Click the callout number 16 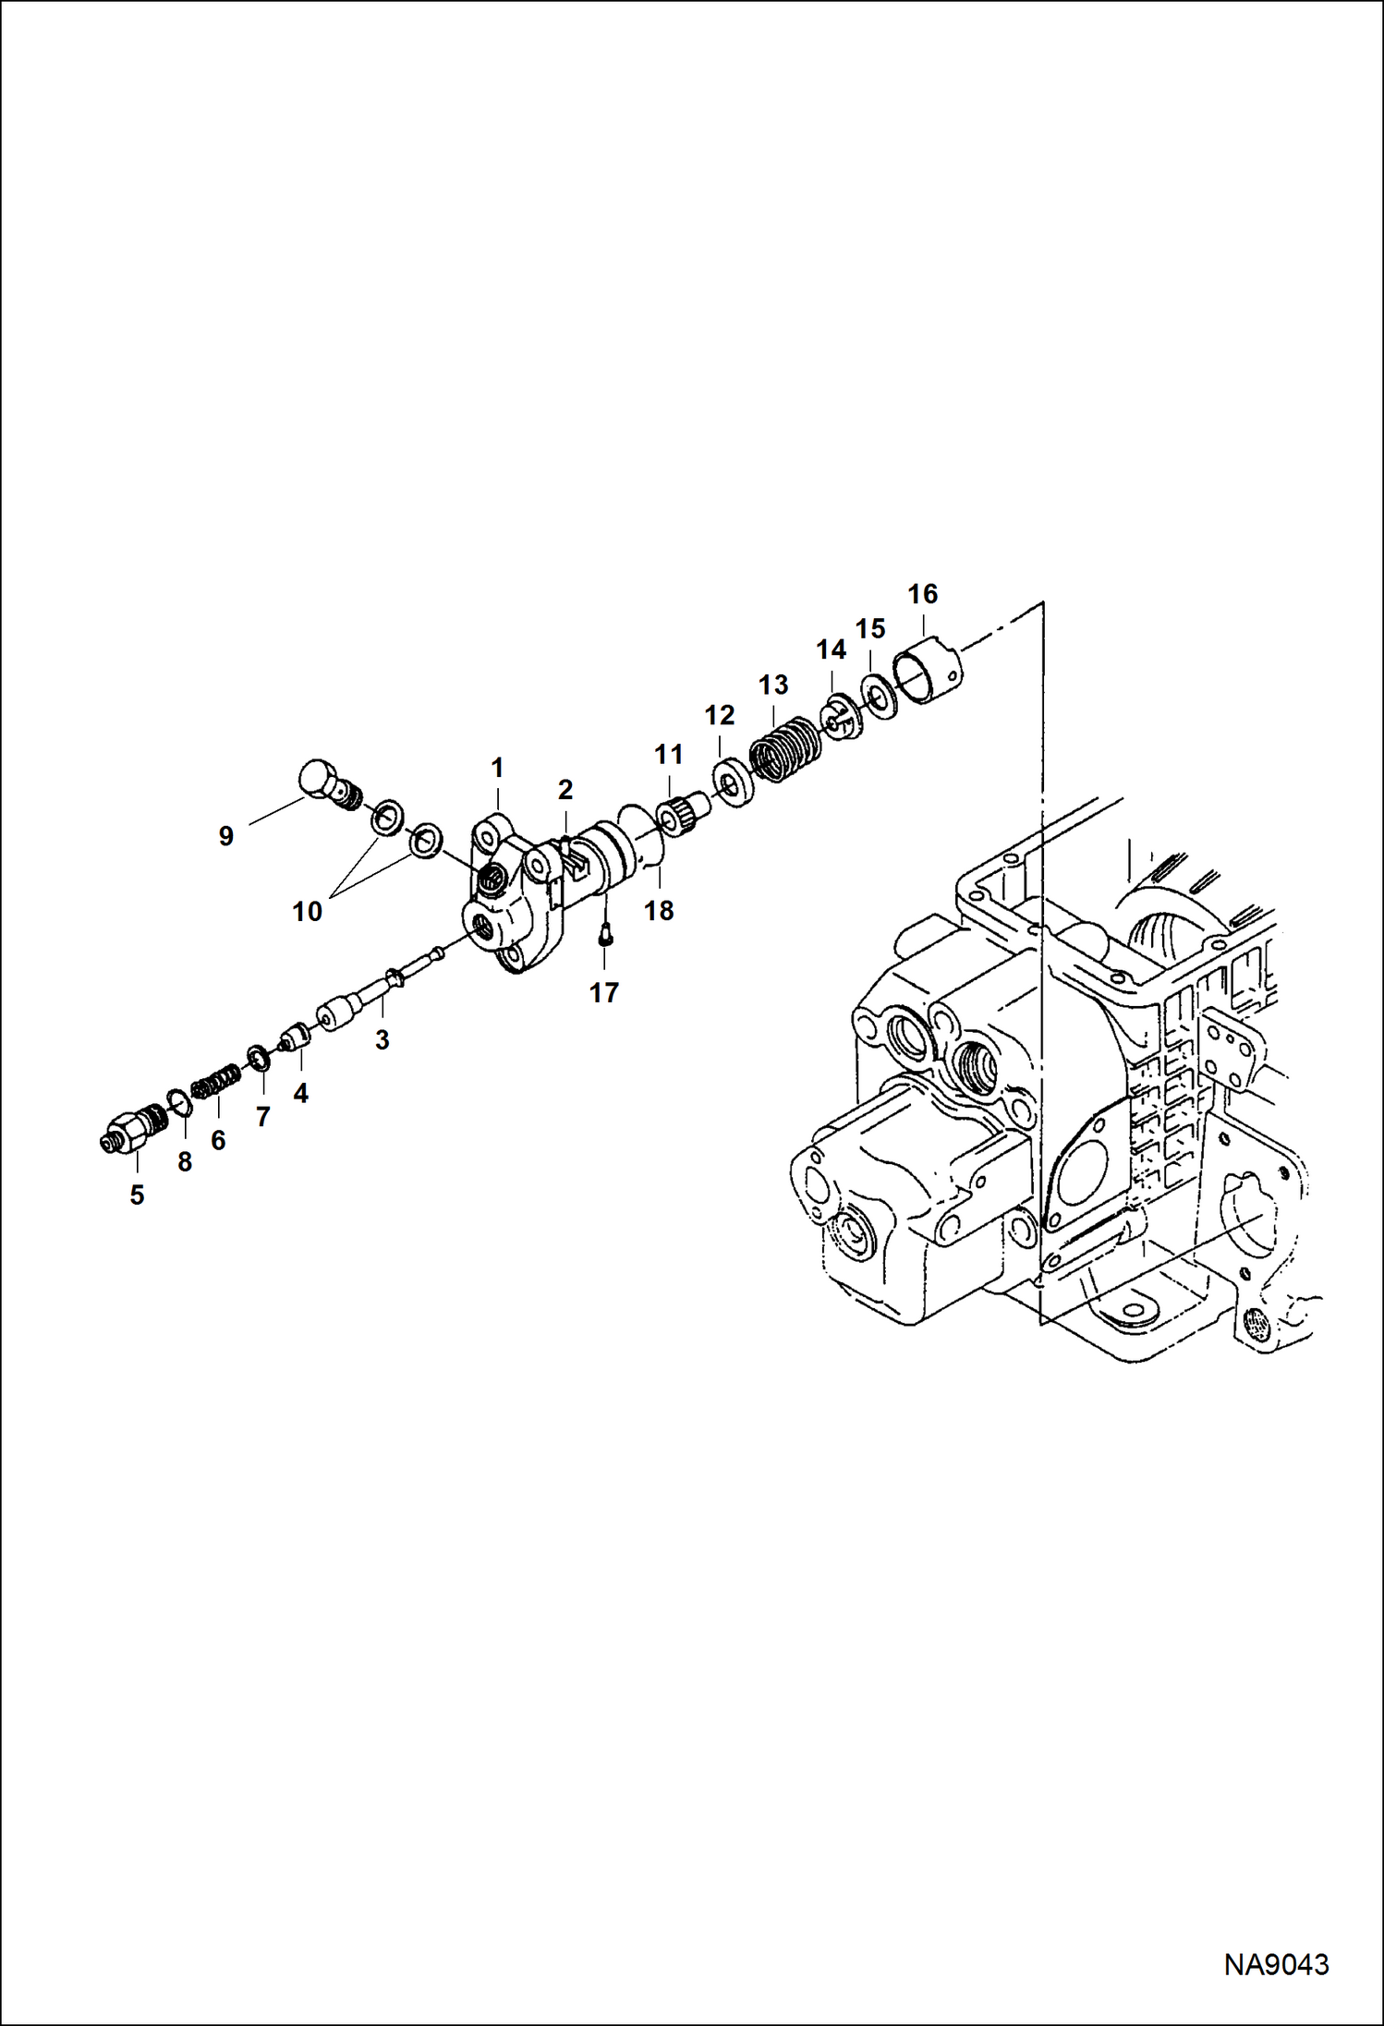tap(922, 594)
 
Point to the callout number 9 tap(226, 836)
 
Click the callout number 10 tap(307, 912)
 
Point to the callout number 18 tap(659, 911)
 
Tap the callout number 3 tap(382, 1040)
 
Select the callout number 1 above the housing tap(497, 768)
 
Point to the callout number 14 tap(831, 650)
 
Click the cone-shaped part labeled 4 tap(295, 1038)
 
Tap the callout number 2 tap(565, 790)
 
